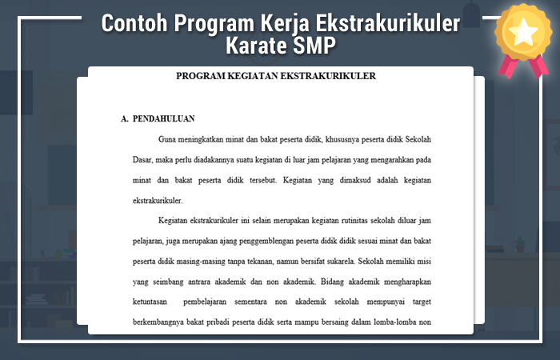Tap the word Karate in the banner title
[x=260, y=46]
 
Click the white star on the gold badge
[x=525, y=31]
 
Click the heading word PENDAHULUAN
[x=164, y=118]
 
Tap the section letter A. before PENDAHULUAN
[x=125, y=118]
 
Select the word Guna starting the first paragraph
[x=168, y=138]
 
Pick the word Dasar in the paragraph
[x=143, y=159]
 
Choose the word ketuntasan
[x=152, y=302]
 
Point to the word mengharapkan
[x=403, y=282]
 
